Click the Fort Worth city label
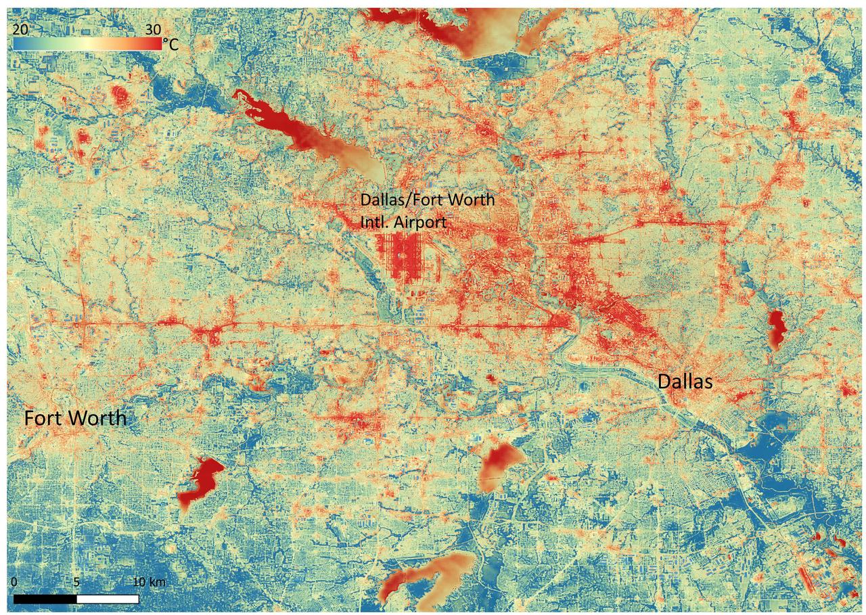tap(75, 418)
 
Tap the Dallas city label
tap(685, 382)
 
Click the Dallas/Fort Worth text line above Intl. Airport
tap(427, 200)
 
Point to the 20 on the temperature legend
tap(20, 29)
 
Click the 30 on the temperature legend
tap(152, 29)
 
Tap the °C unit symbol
tap(173, 45)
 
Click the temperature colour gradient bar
tap(87, 44)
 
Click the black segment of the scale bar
tap(45, 599)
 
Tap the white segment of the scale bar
tap(108, 599)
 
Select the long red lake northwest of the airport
tap(284, 125)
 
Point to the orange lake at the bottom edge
tap(426, 575)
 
